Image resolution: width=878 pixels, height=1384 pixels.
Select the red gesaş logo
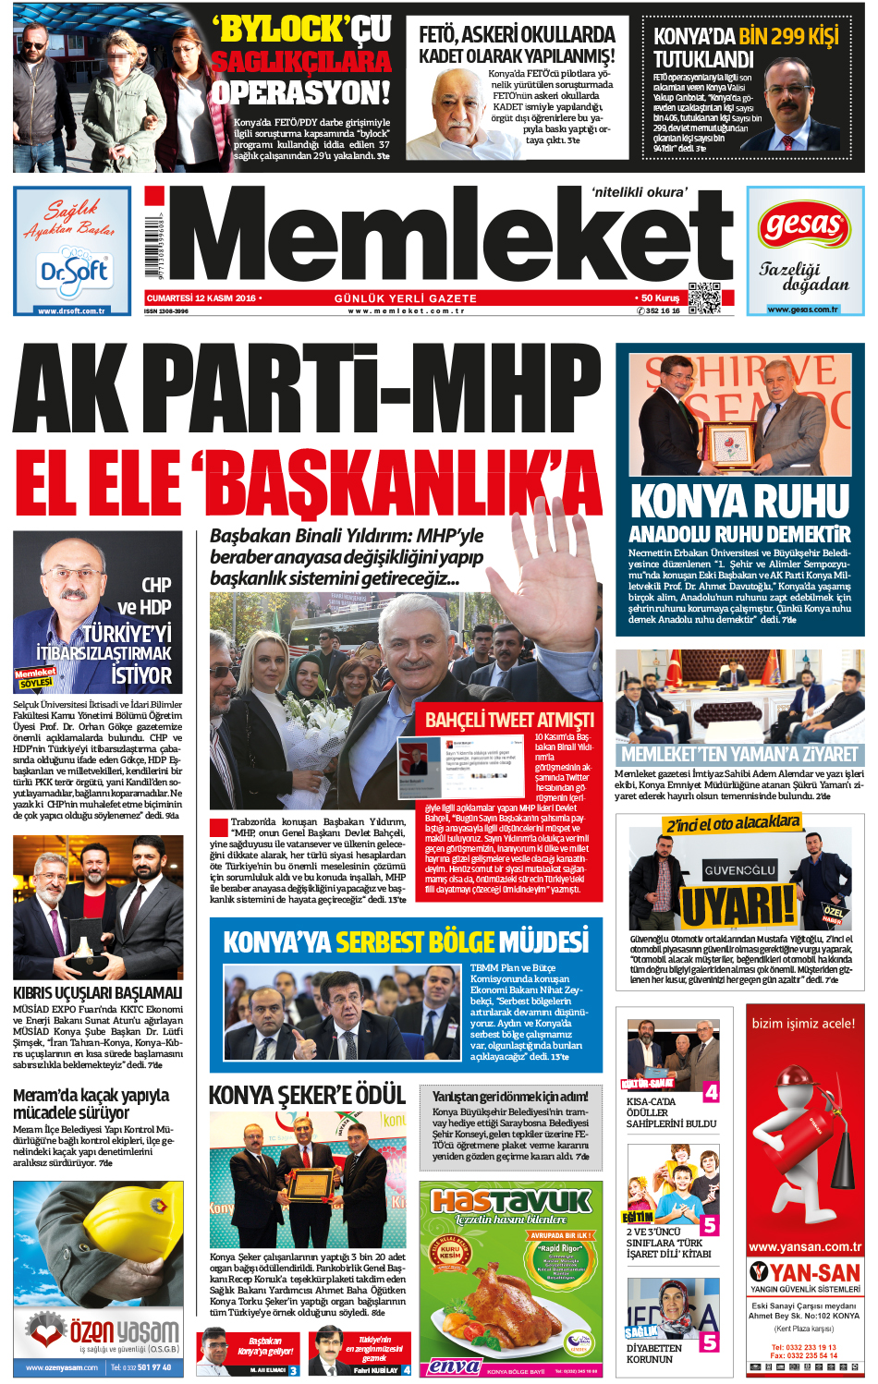[804, 225]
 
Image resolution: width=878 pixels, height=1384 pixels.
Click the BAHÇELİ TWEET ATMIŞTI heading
[509, 719]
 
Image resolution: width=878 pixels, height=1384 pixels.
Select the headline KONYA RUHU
[739, 502]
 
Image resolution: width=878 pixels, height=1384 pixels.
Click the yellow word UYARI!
[738, 905]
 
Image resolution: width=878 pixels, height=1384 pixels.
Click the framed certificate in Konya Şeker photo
[309, 1184]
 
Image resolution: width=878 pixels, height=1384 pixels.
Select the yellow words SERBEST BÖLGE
[415, 941]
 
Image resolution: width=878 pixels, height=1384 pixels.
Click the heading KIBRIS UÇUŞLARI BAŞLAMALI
[98, 992]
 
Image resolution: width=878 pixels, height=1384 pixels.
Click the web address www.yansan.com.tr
[804, 1246]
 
